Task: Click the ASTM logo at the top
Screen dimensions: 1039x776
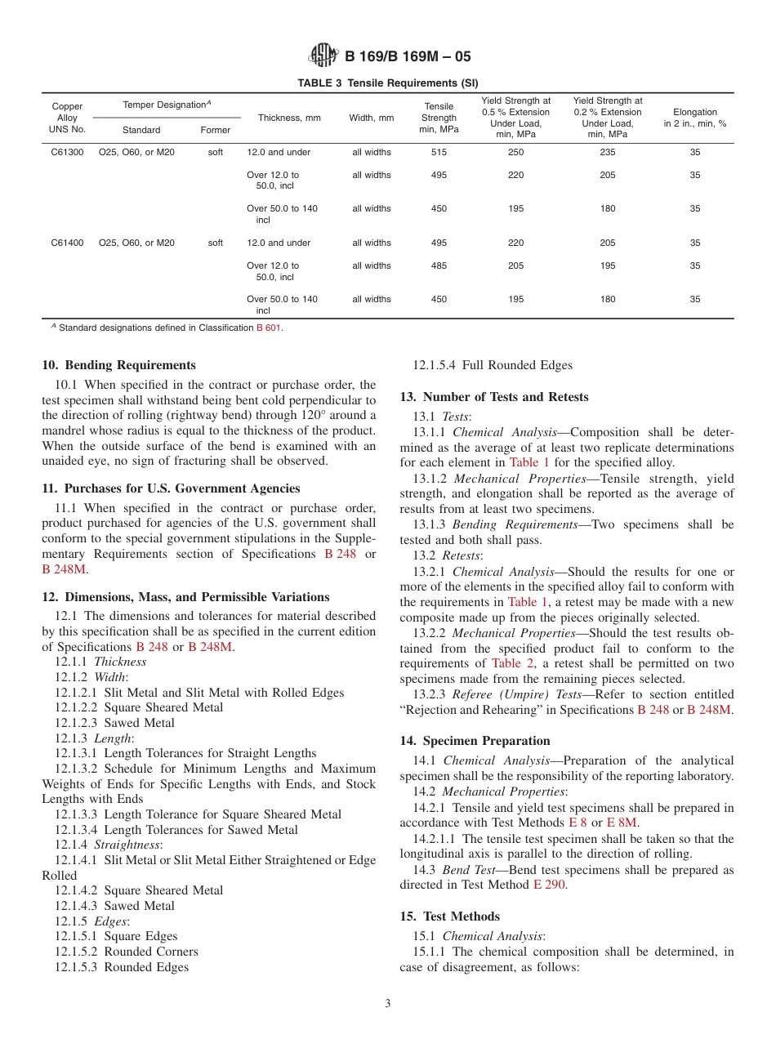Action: pyautogui.click(x=324, y=56)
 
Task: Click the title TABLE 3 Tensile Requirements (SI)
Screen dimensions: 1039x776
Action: pyautogui.click(x=388, y=82)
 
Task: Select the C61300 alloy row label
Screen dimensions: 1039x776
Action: pyautogui.click(x=67, y=152)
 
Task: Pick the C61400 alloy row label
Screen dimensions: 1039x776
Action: pyautogui.click(x=67, y=243)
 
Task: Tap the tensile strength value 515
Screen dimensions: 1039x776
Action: pyautogui.click(x=439, y=152)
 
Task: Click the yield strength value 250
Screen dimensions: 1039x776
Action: pyautogui.click(x=515, y=152)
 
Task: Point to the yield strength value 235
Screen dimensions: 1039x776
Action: pyautogui.click(x=608, y=152)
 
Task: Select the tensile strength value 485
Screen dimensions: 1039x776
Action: pyautogui.click(x=439, y=265)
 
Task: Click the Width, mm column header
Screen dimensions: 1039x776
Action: pyautogui.click(x=372, y=118)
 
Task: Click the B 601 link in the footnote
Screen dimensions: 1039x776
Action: pyautogui.click(x=270, y=328)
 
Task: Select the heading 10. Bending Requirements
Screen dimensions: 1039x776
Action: pyautogui.click(x=118, y=365)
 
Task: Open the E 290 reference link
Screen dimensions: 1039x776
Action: pyautogui.click(x=550, y=885)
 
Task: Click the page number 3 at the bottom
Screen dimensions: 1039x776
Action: pyautogui.click(x=388, y=1004)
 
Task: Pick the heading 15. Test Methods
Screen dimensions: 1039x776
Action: pyautogui.click(x=449, y=916)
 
